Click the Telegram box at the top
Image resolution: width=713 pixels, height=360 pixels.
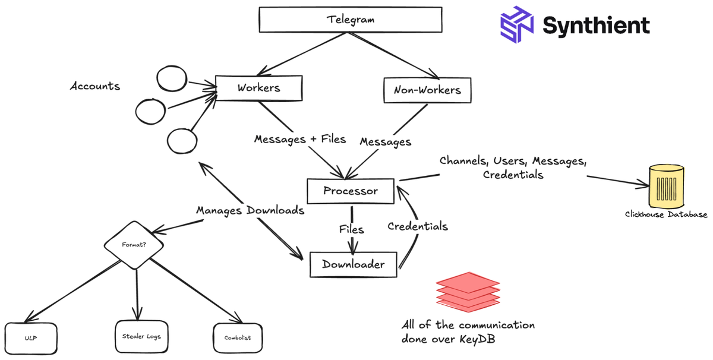point(350,20)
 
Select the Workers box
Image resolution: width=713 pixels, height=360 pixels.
point(258,88)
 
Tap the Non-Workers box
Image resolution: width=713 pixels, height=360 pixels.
point(427,90)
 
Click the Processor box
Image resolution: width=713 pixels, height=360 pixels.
point(351,191)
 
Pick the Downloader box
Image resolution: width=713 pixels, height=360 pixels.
point(353,264)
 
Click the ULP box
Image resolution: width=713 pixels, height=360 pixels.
point(31,339)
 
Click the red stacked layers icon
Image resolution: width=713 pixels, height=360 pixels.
point(468,291)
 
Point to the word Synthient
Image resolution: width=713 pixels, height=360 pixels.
point(596,26)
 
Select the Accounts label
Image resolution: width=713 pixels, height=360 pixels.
point(95,86)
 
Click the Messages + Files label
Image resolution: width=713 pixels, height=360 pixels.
point(300,139)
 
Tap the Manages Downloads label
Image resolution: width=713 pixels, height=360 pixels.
point(250,210)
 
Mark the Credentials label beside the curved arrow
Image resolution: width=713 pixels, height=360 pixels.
point(418,226)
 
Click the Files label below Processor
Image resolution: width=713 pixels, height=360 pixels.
point(352,229)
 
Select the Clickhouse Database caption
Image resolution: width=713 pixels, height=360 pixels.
point(666,214)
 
